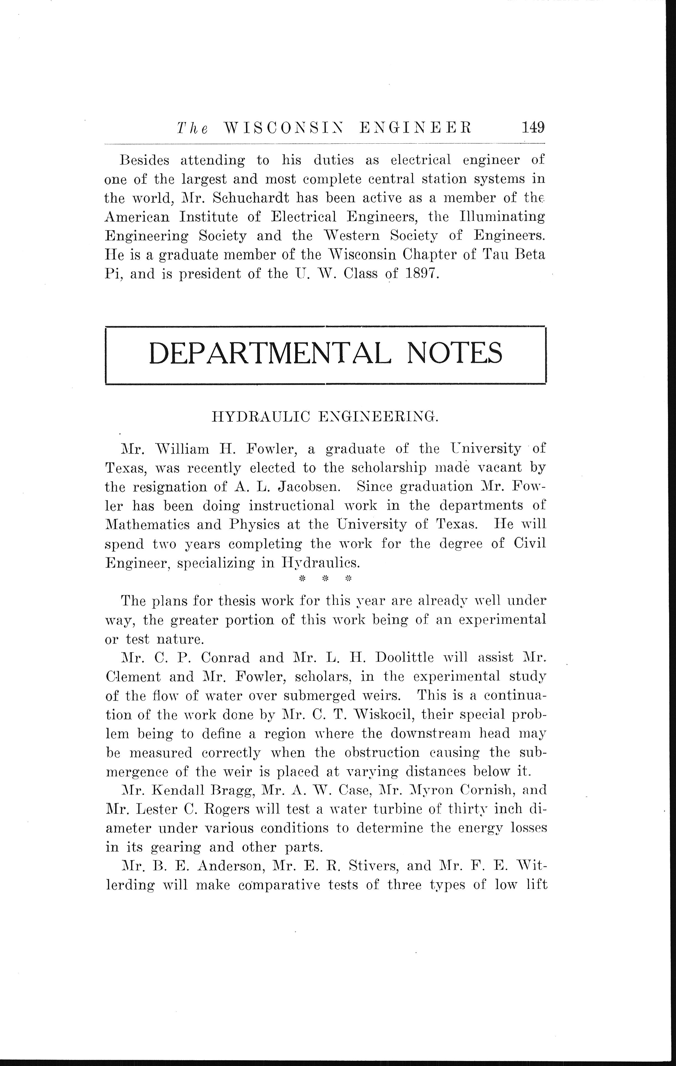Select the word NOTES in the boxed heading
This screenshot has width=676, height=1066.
click(454, 353)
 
